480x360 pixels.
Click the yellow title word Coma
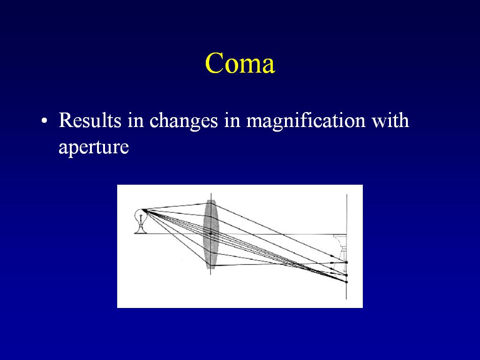pyautogui.click(x=240, y=63)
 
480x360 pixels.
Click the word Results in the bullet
pyautogui.click(x=90, y=120)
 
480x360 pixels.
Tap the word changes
pyautogui.click(x=183, y=121)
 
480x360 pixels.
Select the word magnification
pyautogui.click(x=306, y=121)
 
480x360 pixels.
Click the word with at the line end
pyautogui.click(x=390, y=120)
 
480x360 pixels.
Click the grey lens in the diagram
pyautogui.click(x=211, y=234)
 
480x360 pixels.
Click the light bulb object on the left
pyautogui.click(x=141, y=221)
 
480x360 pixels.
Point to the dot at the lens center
pyautogui.click(x=211, y=233)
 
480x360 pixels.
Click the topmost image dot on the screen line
pyautogui.click(x=346, y=262)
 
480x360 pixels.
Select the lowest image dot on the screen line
pyautogui.click(x=346, y=282)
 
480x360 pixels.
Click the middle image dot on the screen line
pyautogui.click(x=346, y=275)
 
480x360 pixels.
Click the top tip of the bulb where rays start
pyautogui.click(x=142, y=210)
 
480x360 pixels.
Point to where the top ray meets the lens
pyautogui.click(x=209, y=203)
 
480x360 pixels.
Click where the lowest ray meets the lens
pyautogui.click(x=210, y=265)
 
